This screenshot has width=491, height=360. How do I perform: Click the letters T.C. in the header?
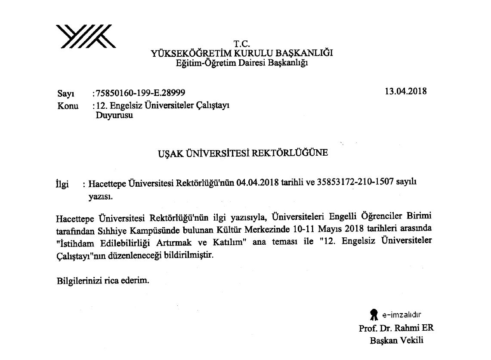[242, 43]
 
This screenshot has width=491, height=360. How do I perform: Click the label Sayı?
[65, 94]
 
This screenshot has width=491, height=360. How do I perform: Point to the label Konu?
[68, 106]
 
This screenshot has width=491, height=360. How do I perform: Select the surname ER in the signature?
[428, 328]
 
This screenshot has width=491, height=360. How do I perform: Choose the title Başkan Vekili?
[397, 341]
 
